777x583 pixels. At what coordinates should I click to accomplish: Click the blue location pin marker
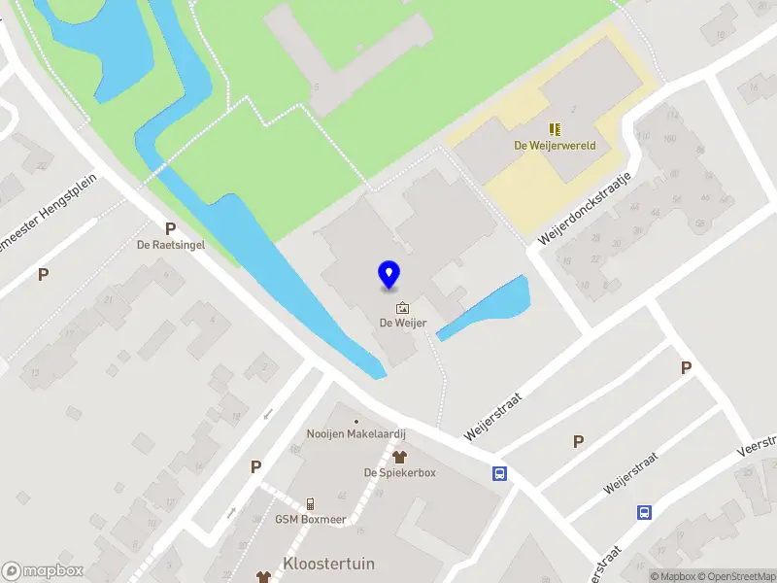coord(388,275)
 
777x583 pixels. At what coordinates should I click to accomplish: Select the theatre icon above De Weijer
coord(402,308)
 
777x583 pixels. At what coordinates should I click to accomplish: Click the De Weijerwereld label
coord(555,146)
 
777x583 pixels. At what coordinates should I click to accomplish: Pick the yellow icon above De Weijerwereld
coord(556,129)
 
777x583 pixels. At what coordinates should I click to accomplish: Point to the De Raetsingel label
coord(170,246)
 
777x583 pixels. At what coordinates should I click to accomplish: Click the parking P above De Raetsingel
coord(170,229)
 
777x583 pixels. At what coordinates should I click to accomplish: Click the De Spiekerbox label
coord(400,472)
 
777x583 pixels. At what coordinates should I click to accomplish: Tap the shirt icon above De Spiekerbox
coord(398,457)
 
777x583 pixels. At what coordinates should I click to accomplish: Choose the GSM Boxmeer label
coord(310,519)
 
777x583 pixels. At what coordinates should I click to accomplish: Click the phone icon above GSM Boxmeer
coord(310,503)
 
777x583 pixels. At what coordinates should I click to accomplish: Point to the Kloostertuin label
coord(328,564)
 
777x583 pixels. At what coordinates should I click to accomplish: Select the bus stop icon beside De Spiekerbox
coord(500,473)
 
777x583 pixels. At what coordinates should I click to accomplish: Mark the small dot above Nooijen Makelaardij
coord(355,421)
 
